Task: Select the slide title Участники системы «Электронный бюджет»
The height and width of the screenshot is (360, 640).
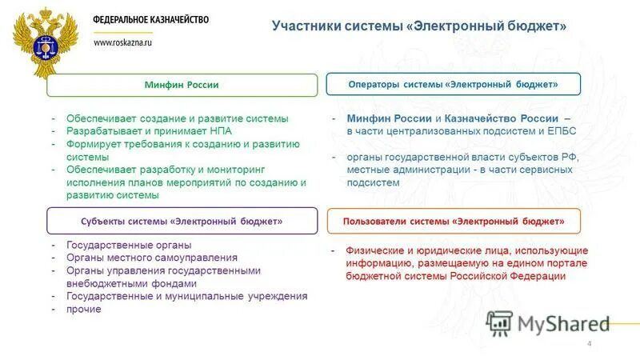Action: (419, 26)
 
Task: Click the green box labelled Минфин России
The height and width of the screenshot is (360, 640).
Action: (182, 85)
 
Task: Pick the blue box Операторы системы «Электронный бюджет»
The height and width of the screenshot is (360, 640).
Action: (454, 84)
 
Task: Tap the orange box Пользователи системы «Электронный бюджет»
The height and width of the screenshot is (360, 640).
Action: (454, 220)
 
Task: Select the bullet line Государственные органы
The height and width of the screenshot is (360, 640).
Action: (129, 246)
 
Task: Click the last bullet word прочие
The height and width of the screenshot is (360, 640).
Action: (84, 309)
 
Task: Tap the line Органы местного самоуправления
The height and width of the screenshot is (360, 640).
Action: (152, 258)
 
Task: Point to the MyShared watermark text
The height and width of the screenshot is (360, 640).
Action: (563, 323)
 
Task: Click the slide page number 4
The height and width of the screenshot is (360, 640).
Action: (590, 344)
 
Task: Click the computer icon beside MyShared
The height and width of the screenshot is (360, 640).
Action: (499, 322)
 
